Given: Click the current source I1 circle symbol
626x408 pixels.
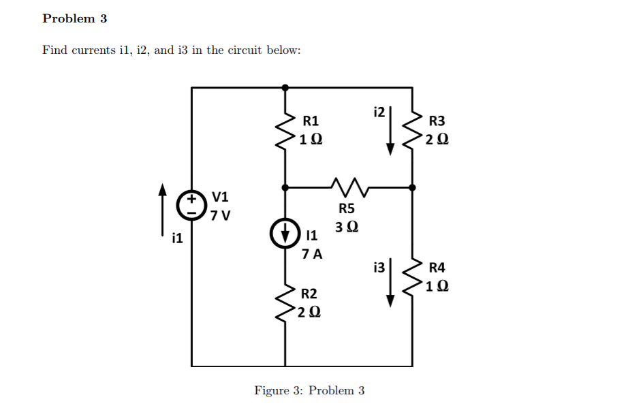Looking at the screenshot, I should (x=285, y=232).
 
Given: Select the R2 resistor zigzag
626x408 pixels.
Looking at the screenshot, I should (x=285, y=303).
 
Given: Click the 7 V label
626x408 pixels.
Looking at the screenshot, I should (x=221, y=216).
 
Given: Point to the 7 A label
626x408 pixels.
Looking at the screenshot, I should (x=312, y=254).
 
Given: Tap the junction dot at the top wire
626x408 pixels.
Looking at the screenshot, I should (x=285, y=87).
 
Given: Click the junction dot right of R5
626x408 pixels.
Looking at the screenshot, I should (x=412, y=187).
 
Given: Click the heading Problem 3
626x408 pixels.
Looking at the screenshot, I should (x=74, y=18).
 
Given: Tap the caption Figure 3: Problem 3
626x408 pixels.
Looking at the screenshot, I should (x=309, y=390).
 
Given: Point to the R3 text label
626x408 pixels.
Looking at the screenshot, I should (x=437, y=121).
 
